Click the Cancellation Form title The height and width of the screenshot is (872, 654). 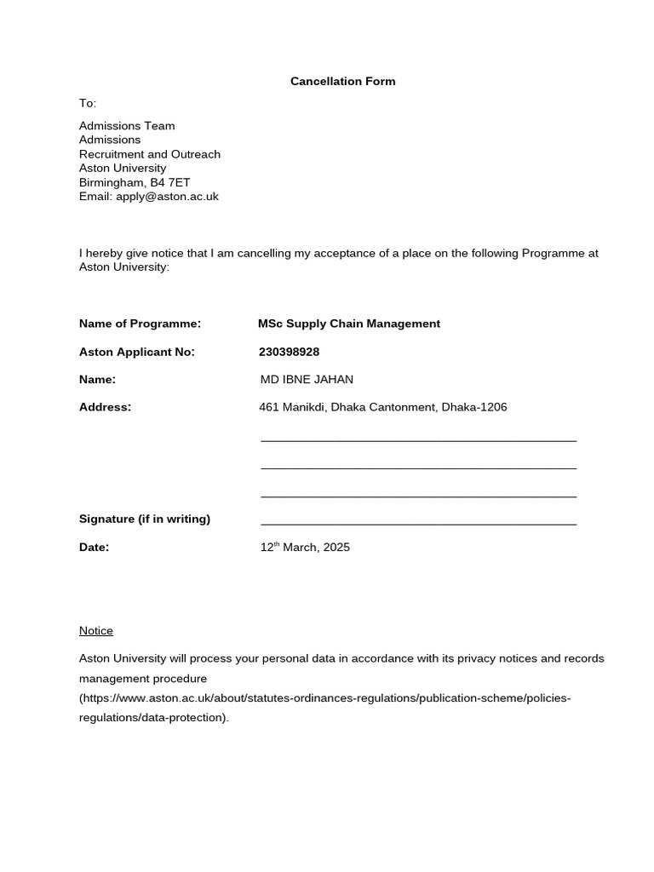tap(342, 82)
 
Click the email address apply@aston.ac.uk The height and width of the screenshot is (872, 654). tap(167, 197)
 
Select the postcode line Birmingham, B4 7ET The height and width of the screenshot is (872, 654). tap(135, 182)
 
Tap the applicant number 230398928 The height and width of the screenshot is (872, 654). tap(289, 352)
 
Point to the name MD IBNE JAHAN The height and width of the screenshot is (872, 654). tap(307, 379)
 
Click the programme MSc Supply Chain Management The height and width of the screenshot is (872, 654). tap(349, 324)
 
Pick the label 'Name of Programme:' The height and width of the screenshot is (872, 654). tap(140, 324)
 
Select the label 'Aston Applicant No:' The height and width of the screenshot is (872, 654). tap(137, 352)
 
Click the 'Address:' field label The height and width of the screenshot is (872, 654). tap(106, 407)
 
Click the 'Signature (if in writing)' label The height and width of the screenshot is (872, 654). tap(145, 519)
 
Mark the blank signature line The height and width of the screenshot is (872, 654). tap(418, 522)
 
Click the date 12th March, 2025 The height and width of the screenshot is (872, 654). tap(305, 548)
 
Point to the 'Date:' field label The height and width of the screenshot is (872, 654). tap(94, 548)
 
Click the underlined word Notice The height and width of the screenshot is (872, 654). tap(96, 631)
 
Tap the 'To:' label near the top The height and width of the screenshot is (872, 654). tap(88, 103)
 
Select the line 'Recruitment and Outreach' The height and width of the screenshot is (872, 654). tap(150, 154)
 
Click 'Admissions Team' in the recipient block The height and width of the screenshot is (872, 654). tap(127, 126)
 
